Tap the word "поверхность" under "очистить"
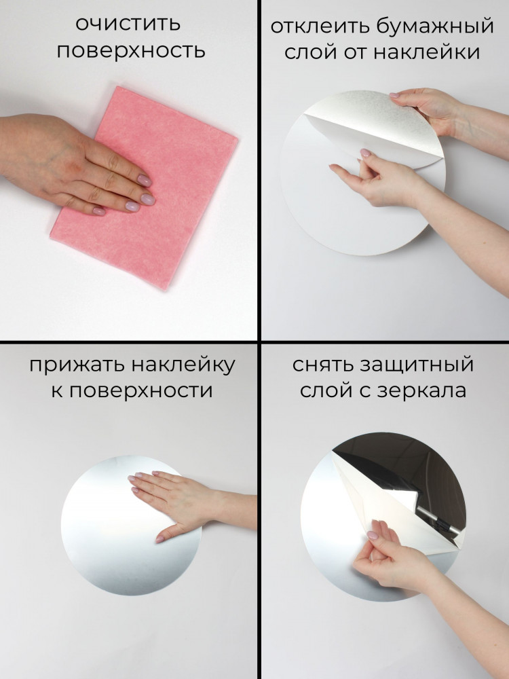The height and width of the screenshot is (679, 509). pyautogui.click(x=131, y=51)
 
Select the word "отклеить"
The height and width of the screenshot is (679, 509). pyautogui.click(x=320, y=26)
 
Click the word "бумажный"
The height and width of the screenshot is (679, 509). pyautogui.click(x=435, y=26)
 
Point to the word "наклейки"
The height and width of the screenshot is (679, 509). pyautogui.click(x=426, y=53)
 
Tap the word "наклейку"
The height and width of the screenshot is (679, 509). pyautogui.click(x=183, y=365)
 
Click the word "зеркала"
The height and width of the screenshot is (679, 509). pyautogui.click(x=422, y=391)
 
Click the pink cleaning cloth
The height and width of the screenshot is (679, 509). pyautogui.click(x=144, y=187)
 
